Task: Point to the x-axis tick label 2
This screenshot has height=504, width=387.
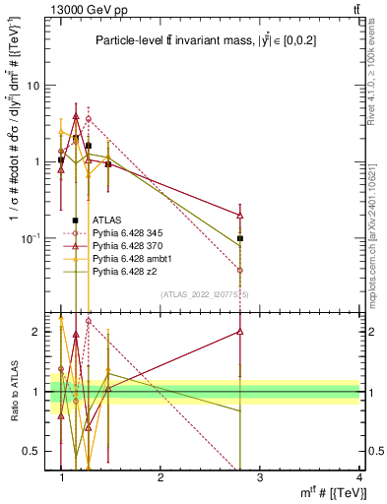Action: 161,477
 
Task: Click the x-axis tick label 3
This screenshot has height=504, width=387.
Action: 260,477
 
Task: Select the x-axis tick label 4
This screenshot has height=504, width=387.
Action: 359,477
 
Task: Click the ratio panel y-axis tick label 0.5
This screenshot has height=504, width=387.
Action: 34,451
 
